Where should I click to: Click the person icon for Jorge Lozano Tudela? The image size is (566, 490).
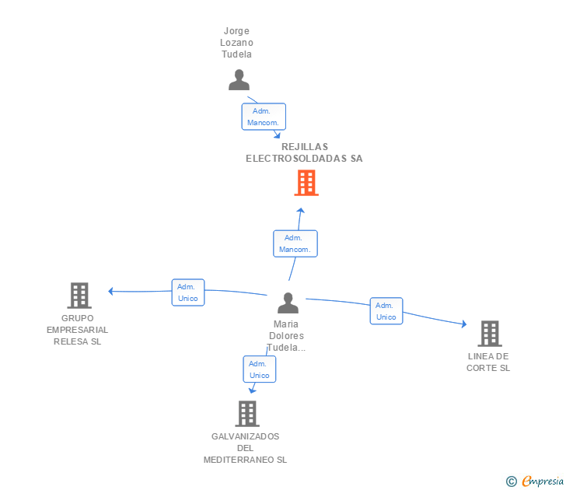(239, 79)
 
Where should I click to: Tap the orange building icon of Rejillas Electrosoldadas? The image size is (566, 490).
(306, 183)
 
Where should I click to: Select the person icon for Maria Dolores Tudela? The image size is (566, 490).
(288, 303)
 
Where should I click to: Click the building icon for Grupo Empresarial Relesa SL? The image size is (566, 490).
(79, 296)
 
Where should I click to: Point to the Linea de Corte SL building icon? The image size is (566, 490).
(489, 334)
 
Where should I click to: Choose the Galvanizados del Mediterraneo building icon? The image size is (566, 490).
(247, 414)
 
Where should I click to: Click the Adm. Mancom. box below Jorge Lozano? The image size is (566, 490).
(264, 117)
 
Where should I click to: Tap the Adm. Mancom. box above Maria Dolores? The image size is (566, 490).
(295, 243)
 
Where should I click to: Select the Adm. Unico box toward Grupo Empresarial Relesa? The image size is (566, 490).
(188, 292)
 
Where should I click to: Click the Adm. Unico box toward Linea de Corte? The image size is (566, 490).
(386, 311)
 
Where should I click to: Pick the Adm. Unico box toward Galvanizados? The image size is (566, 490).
(260, 369)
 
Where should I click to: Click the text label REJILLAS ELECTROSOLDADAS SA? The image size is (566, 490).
(304, 152)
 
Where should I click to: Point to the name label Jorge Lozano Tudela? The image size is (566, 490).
(239, 43)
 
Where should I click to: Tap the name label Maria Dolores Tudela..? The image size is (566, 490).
(287, 336)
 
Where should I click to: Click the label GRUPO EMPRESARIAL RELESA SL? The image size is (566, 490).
(78, 330)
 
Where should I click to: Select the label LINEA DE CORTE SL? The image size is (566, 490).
(488, 362)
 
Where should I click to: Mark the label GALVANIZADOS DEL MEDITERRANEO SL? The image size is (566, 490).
(245, 448)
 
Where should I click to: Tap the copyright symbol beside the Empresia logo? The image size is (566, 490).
(512, 481)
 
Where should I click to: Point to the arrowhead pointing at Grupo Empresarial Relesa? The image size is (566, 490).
(111, 291)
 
